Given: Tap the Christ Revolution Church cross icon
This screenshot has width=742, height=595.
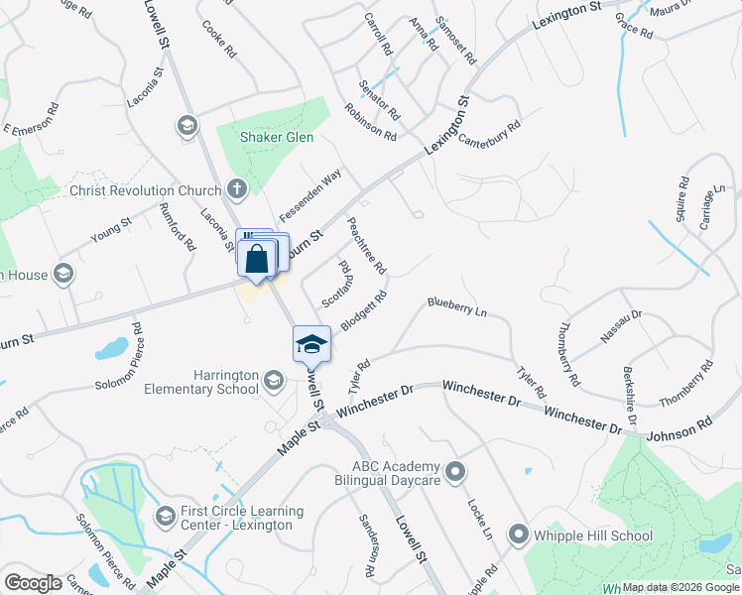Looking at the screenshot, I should [236, 187].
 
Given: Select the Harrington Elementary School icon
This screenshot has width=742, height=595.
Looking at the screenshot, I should [274, 379].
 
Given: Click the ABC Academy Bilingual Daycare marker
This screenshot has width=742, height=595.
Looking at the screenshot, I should [455, 472].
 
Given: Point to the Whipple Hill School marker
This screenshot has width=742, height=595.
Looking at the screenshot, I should [518, 535].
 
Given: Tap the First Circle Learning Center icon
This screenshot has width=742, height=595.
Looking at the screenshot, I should [166, 516].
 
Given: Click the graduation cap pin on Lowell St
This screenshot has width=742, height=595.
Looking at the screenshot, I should [311, 343].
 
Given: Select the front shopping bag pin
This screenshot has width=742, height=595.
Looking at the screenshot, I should [256, 259].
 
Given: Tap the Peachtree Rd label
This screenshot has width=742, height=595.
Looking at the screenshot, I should [366, 246].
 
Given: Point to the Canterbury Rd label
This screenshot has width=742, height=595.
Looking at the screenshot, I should [489, 133].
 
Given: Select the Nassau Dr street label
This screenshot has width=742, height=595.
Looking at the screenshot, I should [622, 326].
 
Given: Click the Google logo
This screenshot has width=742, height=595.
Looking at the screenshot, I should [33, 583].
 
